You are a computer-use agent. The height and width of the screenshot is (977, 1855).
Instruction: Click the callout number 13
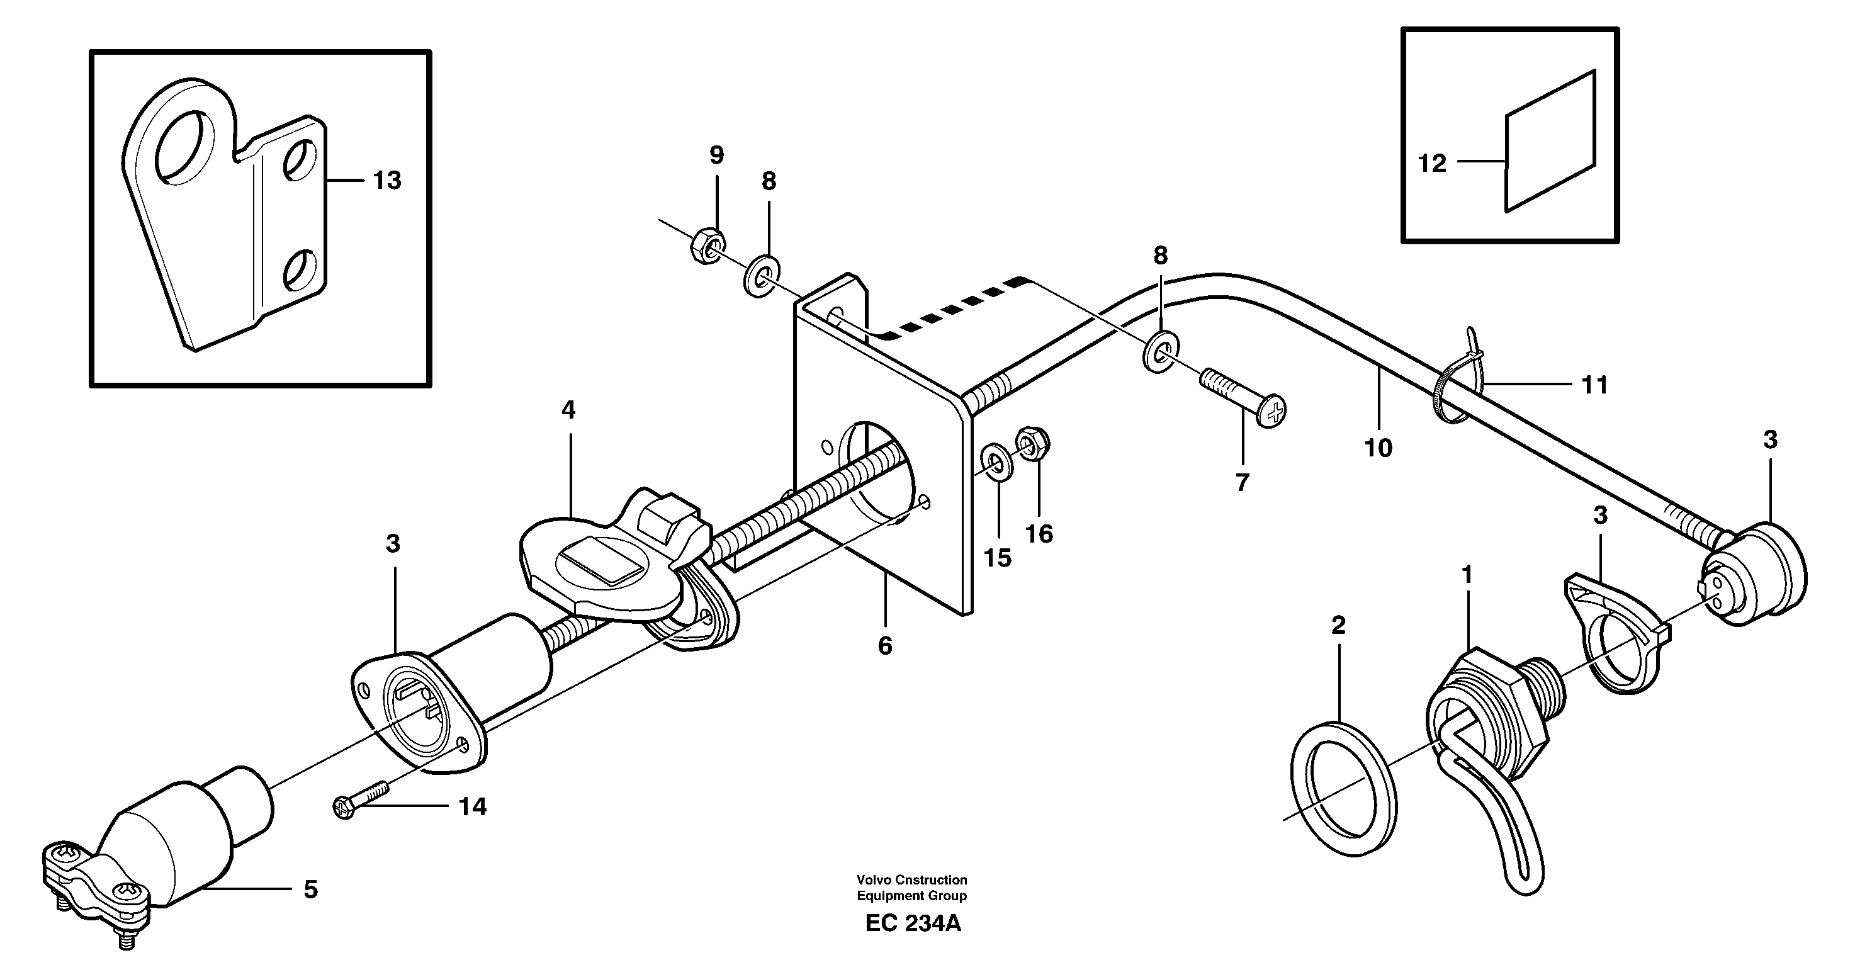click(x=386, y=180)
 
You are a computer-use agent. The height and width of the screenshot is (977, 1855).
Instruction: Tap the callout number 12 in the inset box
click(x=1431, y=164)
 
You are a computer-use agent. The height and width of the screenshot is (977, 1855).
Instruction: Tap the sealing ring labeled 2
click(x=1345, y=790)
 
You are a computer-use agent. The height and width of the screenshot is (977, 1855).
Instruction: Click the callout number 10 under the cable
click(x=1379, y=448)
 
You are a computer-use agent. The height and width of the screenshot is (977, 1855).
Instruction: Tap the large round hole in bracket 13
click(x=186, y=144)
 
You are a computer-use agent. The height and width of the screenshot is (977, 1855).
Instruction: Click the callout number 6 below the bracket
click(x=885, y=646)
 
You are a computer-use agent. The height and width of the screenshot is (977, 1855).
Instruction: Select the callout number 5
click(x=310, y=890)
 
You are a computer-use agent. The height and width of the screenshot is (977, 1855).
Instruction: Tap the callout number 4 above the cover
click(x=569, y=410)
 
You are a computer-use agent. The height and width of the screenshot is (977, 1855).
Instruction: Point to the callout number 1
click(x=1467, y=575)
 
